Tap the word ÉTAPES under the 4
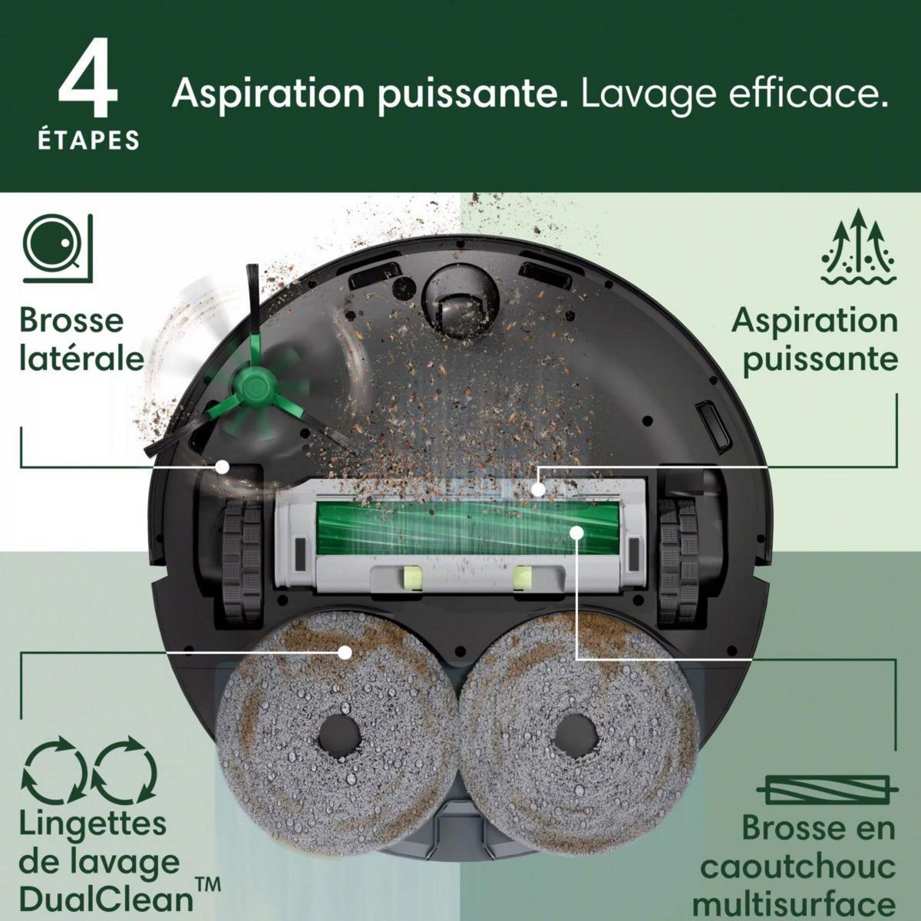(88, 141)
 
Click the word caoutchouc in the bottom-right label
(798, 867)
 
